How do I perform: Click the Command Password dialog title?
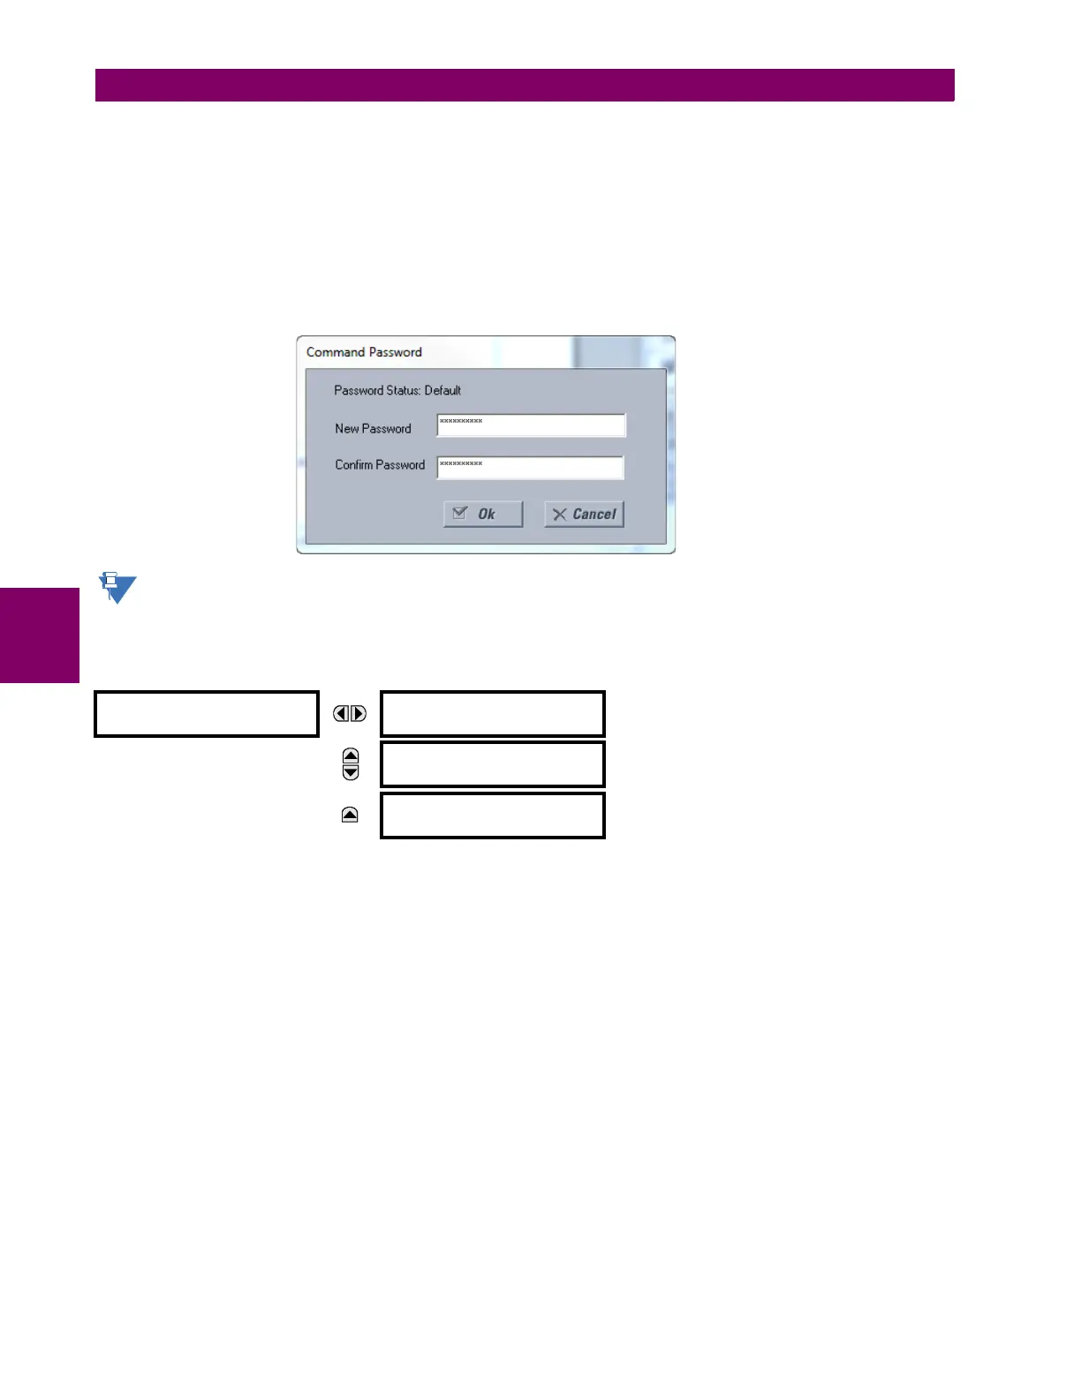tap(364, 352)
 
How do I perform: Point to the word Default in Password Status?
tap(442, 390)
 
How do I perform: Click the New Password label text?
tap(373, 429)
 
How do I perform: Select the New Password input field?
tap(531, 425)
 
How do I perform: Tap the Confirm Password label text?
tap(380, 465)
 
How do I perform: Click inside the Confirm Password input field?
tap(530, 468)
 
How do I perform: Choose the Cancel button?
tap(585, 515)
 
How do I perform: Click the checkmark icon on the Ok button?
tap(460, 513)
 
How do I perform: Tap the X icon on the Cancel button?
tap(559, 515)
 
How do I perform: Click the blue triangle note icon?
tap(117, 588)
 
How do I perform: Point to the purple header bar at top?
tap(525, 85)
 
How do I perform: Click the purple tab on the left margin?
tap(39, 635)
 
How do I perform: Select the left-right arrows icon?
tap(350, 713)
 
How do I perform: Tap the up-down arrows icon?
tap(351, 764)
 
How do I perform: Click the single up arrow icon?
tap(350, 815)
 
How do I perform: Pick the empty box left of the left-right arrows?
tap(207, 714)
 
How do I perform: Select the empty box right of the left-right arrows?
tap(493, 714)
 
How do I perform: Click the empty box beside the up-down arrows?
tap(493, 764)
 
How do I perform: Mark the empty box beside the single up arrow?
tap(493, 815)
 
